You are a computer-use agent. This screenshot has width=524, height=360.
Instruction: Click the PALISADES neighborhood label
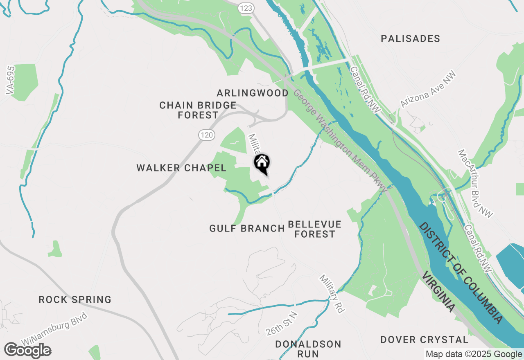(410, 39)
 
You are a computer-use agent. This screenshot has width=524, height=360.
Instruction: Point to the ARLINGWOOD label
(253, 93)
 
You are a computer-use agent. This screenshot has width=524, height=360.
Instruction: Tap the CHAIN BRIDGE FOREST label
(198, 110)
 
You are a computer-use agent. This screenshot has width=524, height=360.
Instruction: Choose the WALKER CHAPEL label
(181, 168)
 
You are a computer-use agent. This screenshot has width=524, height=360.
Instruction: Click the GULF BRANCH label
(247, 228)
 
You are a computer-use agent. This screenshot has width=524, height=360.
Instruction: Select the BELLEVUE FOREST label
(314, 229)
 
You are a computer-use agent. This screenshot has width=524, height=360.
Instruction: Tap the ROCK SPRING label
(75, 300)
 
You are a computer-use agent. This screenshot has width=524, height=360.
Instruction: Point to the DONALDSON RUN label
(308, 349)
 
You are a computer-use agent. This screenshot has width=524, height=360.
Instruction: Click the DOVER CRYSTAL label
(424, 340)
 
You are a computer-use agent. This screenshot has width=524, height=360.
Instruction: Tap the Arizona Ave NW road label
(428, 90)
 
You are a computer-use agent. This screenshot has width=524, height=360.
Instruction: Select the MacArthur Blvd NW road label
(475, 183)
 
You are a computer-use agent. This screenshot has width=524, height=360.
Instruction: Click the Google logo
(27, 351)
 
